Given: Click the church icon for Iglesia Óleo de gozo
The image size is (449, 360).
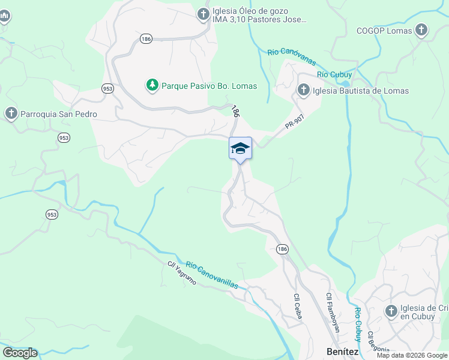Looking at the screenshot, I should [x=203, y=14].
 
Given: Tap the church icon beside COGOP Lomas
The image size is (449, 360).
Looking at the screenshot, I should [x=422, y=30].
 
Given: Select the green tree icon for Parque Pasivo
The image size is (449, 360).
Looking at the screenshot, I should [x=152, y=86].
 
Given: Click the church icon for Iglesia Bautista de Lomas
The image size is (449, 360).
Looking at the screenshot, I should [x=303, y=91].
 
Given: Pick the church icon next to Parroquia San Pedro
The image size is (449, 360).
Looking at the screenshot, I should [x=11, y=113].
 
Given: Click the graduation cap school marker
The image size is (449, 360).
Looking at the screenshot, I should [x=240, y=149].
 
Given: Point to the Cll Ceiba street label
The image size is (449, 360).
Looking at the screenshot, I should [x=297, y=305].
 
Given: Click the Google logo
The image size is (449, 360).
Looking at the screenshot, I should [x=20, y=353].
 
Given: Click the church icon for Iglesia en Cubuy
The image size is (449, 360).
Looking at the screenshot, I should [x=391, y=311].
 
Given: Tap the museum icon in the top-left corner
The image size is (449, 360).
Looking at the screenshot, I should [x=4, y=16].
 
